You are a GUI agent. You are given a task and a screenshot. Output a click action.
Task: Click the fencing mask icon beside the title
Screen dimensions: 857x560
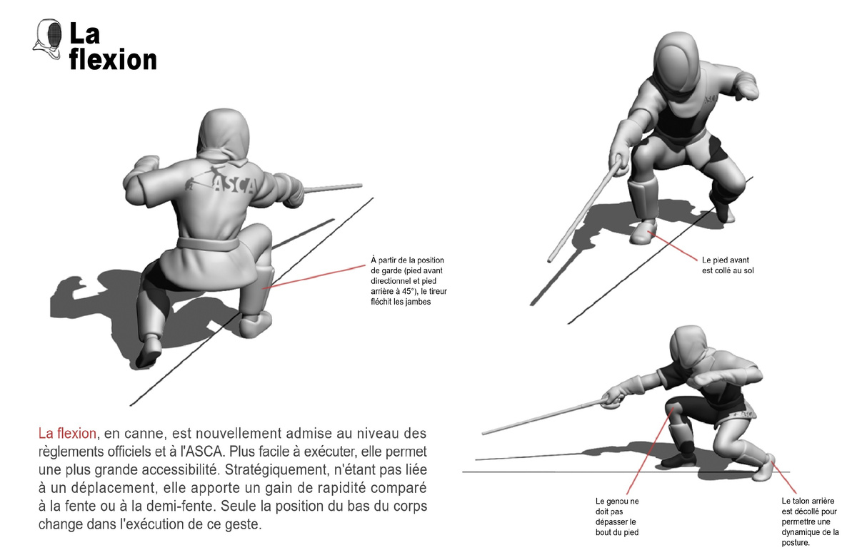47,39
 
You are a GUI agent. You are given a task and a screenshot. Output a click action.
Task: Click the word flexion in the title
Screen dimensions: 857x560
113,60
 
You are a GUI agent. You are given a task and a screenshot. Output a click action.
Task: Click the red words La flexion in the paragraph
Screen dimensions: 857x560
67,434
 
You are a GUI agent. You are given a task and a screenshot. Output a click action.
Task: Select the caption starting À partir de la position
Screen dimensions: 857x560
409,281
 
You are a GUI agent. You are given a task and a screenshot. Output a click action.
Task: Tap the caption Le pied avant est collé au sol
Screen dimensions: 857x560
728,265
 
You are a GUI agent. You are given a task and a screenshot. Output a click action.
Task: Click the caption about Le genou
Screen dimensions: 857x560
617,516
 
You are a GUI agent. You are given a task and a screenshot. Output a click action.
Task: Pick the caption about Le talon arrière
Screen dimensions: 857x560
810,521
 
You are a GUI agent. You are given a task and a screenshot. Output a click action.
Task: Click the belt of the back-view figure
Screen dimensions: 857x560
208,243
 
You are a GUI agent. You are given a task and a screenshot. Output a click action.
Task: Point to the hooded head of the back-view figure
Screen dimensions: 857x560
224,134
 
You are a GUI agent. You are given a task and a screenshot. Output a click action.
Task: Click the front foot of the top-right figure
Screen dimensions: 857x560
642,232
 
